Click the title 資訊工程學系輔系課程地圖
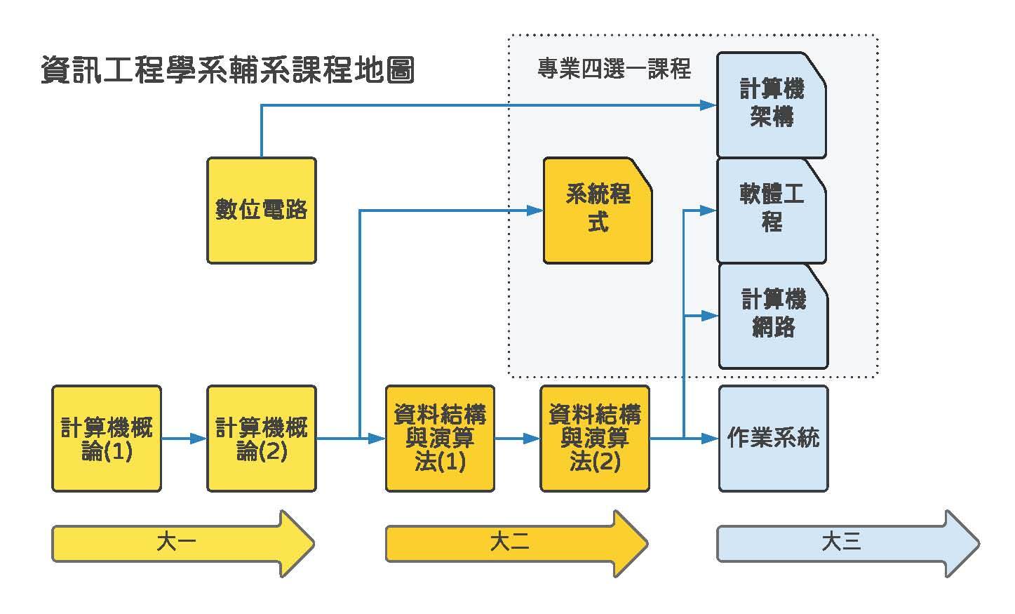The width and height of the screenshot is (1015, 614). click(227, 70)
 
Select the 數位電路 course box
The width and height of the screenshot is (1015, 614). click(261, 210)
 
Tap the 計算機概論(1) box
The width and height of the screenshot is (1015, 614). click(106, 439)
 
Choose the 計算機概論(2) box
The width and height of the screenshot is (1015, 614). click(261, 439)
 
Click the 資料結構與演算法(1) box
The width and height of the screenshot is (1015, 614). click(440, 439)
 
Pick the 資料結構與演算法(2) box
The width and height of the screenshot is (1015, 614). click(594, 439)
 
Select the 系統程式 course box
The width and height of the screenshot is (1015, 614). click(598, 210)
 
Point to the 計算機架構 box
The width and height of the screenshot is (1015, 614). click(771, 105)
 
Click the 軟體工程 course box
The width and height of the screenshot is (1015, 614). click(771, 210)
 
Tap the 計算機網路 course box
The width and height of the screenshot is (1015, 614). click(773, 315)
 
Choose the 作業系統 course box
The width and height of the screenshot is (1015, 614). click(773, 439)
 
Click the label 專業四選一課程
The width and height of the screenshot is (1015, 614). click(614, 69)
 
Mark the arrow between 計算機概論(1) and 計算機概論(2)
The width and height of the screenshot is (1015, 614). click(184, 439)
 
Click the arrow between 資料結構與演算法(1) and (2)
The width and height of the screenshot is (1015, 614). click(518, 439)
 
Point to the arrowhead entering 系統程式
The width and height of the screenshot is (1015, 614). click(536, 211)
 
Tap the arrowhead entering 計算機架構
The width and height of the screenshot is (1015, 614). click(708, 105)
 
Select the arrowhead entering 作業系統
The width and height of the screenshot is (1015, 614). click(711, 439)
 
